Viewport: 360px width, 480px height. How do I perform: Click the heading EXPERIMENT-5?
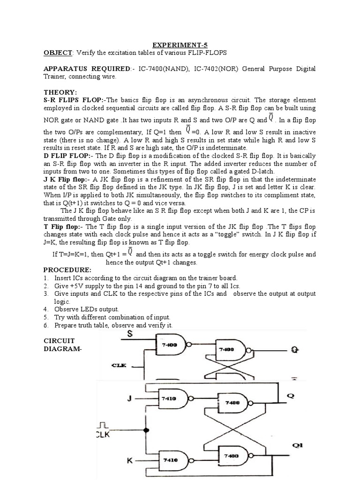[180, 45]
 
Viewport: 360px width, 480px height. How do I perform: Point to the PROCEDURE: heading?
[67, 270]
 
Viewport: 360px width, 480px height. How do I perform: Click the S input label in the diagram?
[130, 334]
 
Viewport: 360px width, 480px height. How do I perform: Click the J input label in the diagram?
[130, 398]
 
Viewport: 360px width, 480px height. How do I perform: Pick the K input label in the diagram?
[130, 460]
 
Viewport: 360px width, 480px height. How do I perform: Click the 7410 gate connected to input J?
[170, 398]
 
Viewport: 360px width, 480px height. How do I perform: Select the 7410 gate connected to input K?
[170, 460]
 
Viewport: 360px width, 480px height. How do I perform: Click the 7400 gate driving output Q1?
[231, 455]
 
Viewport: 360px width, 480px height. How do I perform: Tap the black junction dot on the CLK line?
[146, 430]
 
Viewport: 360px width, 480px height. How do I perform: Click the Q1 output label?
[297, 446]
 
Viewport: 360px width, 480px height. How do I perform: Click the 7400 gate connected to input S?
[170, 345]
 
